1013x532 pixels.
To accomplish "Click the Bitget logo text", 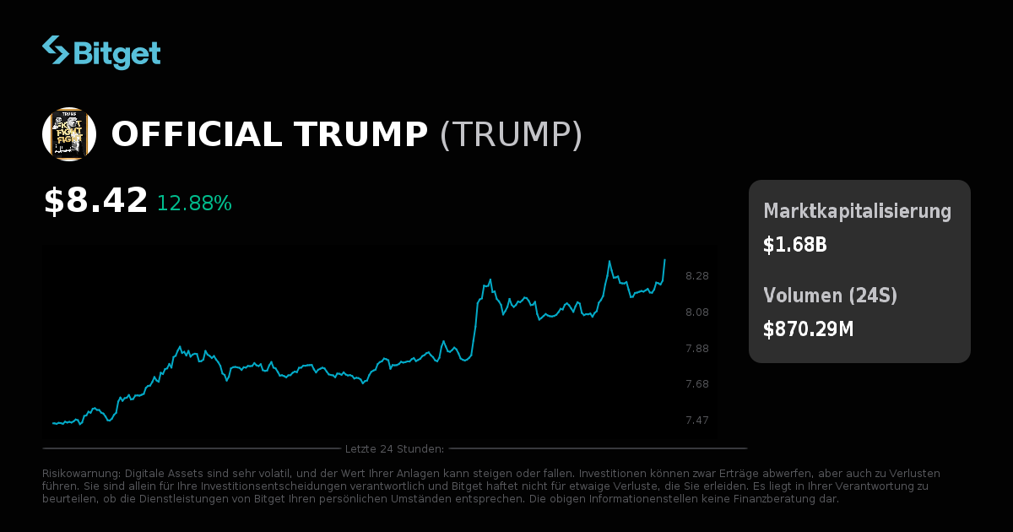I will point(116,53).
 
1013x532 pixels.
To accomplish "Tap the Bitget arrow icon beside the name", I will point(56,50).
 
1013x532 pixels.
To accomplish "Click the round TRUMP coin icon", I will point(68,134).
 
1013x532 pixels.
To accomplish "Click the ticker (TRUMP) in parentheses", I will point(511,135).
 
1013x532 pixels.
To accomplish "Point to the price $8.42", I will point(95,201).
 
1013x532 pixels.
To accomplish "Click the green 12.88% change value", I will point(194,204).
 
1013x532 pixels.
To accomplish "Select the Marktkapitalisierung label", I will point(857,211).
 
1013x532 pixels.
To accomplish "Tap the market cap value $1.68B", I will point(794,245).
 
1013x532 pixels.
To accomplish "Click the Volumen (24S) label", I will point(830,296).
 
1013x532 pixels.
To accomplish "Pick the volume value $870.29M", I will point(808,329).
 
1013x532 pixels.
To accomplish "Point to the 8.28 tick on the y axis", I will point(697,276).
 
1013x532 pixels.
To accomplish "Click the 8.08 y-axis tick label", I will point(697,312).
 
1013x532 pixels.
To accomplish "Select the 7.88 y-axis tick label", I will point(697,349).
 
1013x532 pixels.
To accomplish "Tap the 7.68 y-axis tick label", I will point(697,384).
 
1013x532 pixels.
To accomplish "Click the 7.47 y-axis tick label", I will point(697,421).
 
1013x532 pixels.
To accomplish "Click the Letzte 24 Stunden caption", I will point(394,448).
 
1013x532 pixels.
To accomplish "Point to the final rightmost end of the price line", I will point(665,259).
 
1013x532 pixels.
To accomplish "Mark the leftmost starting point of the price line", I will point(52,423).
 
